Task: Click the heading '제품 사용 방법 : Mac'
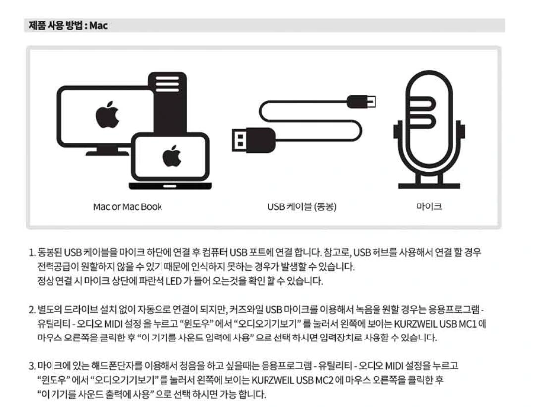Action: (68, 25)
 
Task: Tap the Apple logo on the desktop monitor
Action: (107, 115)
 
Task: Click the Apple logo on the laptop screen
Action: (172, 156)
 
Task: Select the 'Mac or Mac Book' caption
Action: (128, 206)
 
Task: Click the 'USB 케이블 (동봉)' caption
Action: (302, 206)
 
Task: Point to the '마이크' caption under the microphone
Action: (429, 206)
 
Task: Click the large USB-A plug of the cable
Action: (254, 140)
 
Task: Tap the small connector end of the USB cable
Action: (362, 101)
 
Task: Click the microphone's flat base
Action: (429, 186)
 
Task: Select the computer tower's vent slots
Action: (167, 84)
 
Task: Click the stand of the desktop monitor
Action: (107, 151)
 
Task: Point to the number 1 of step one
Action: (32, 253)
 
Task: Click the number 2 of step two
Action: (32, 310)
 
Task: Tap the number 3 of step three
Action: (32, 366)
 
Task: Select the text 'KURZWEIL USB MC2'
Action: (292, 380)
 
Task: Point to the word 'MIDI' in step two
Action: (113, 324)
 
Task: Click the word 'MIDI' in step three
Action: (394, 366)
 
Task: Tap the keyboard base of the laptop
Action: (170, 186)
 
